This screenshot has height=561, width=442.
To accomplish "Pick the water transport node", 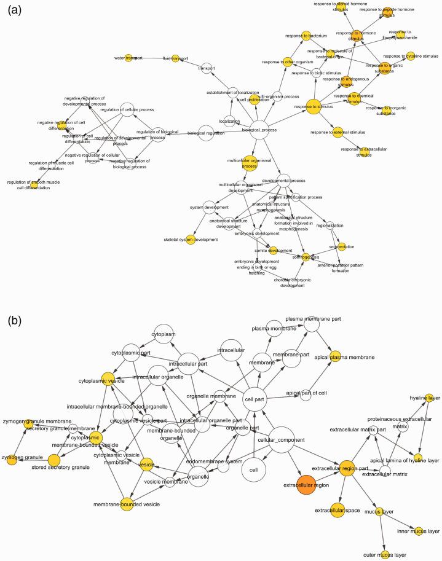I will (x=128, y=58).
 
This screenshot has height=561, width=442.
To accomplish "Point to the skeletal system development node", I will (x=191, y=240).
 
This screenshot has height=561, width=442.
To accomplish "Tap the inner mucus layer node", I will (x=418, y=531).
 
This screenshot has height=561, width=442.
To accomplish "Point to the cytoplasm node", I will (x=164, y=334).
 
